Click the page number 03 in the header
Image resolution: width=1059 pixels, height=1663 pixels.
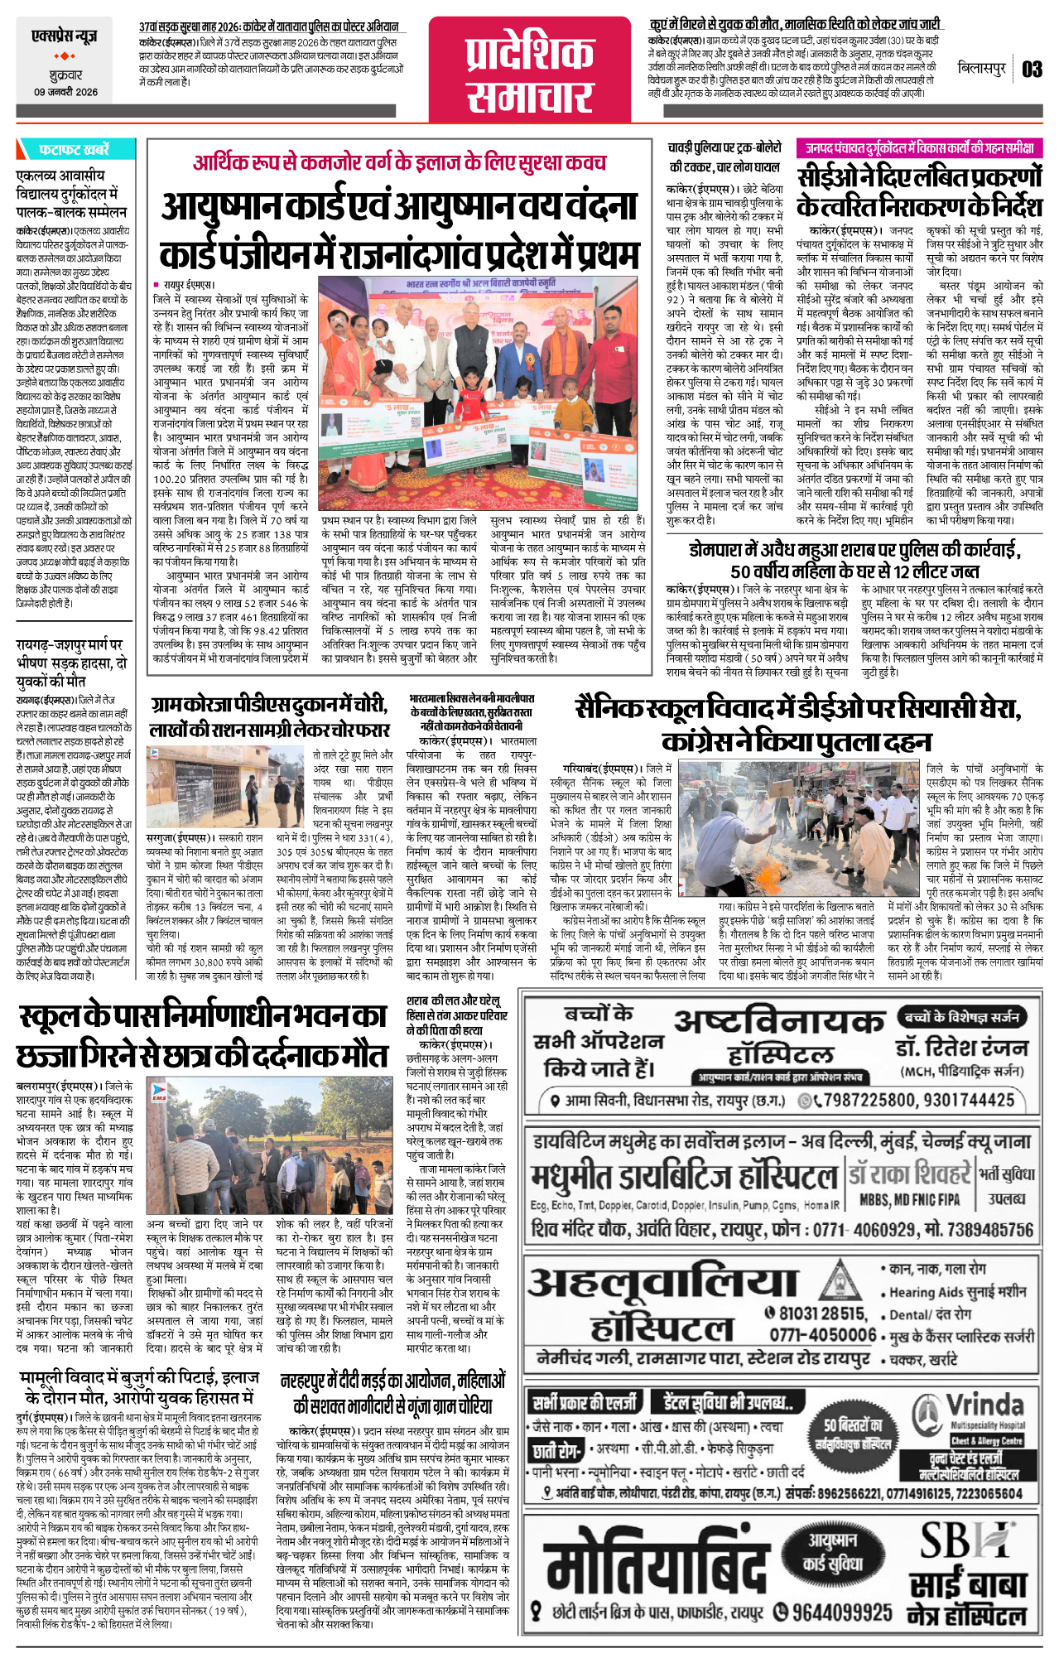coord(1031,70)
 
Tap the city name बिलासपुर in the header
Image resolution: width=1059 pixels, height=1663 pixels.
coord(981,69)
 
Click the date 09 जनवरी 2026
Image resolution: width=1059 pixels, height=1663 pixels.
coord(65,92)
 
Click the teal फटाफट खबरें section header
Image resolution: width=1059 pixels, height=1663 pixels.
coord(75,150)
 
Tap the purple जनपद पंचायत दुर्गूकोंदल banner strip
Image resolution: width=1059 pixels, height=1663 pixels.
coord(919,148)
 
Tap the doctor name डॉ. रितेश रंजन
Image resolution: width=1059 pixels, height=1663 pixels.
coord(960,1047)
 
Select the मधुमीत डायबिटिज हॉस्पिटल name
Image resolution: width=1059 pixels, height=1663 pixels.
coord(685,1177)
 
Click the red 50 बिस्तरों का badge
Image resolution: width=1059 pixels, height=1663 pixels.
coord(853,1434)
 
